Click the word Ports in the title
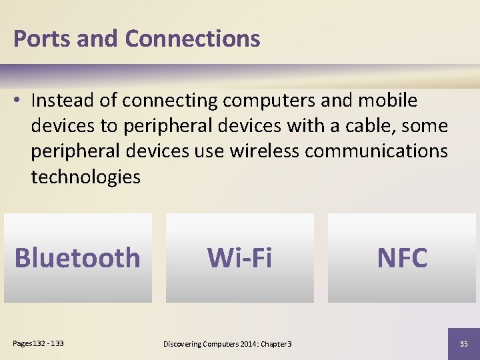coord(41,39)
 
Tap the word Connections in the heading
coord(192,39)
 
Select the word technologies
coord(85,176)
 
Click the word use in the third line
coord(209,151)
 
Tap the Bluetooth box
coord(77,258)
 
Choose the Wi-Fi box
coord(239,258)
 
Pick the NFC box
coord(402,258)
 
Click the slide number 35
coord(464,343)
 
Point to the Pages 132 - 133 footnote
coord(39,343)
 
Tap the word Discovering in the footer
coord(181,343)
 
